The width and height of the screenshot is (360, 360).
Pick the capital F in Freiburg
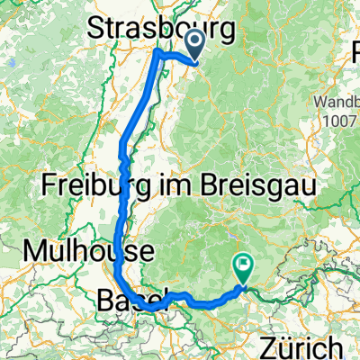coord(49,187)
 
